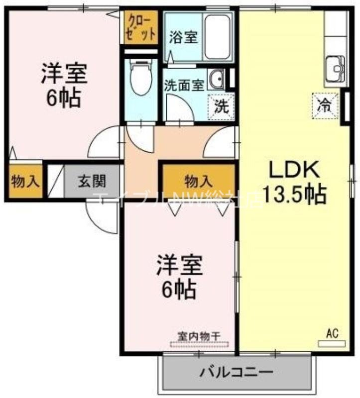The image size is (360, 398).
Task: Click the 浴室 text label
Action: click(183, 37)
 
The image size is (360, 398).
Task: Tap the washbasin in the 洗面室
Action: click(217, 78)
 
